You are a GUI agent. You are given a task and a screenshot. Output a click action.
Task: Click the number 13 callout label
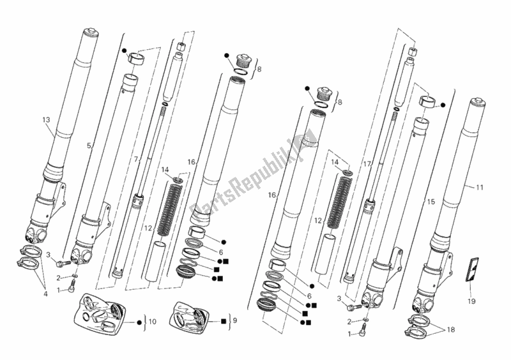coord(45,119)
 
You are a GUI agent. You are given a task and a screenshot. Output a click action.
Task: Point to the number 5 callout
coord(89,146)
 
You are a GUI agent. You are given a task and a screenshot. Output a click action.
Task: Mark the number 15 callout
coord(431,202)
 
